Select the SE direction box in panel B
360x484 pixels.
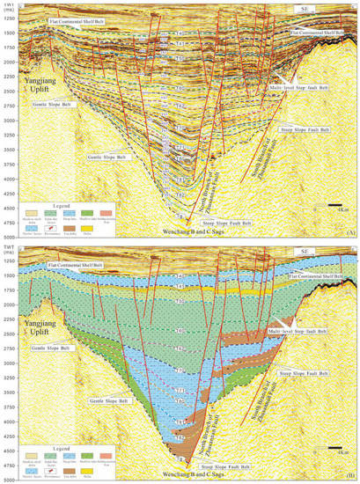pyautogui.click(x=303, y=252)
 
